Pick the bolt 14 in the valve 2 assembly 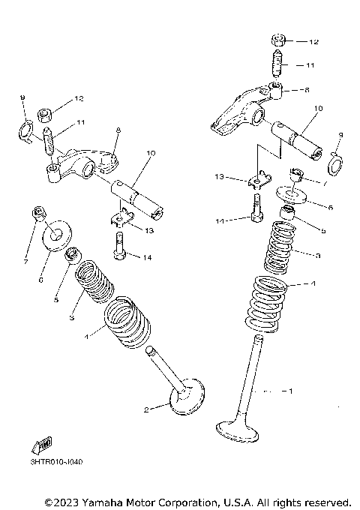118,243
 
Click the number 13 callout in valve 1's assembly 219,176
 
